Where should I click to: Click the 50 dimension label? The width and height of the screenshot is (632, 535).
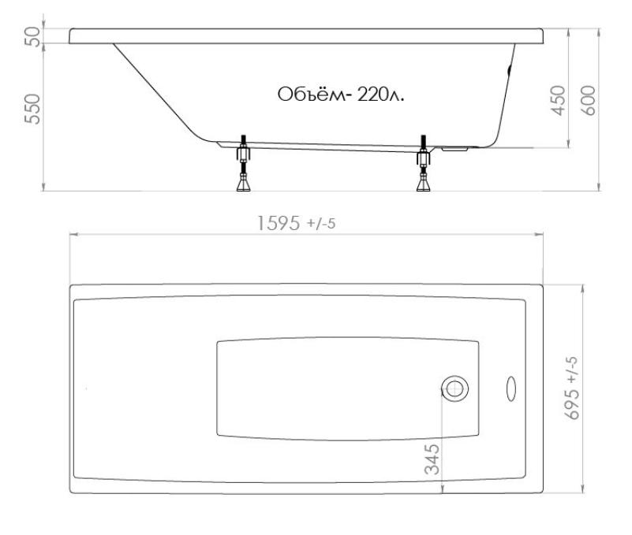[33, 36]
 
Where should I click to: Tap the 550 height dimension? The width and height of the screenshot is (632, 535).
[32, 109]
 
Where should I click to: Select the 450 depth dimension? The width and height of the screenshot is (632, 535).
[559, 101]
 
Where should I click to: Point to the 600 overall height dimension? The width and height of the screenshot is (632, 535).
[589, 101]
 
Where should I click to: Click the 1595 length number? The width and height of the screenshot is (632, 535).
[279, 224]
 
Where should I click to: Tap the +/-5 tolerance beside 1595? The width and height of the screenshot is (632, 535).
[321, 224]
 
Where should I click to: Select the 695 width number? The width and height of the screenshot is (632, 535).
[573, 404]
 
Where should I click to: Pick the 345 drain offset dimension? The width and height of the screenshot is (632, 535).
[432, 459]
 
